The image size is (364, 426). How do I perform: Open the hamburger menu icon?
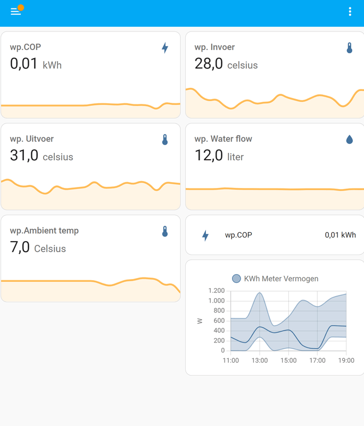[15, 12]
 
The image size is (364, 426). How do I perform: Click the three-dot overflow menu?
[350, 12]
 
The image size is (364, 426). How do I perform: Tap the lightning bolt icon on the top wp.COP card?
[165, 48]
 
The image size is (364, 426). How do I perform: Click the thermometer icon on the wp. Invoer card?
[350, 48]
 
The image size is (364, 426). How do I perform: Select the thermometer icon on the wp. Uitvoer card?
[165, 140]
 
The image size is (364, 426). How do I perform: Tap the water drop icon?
[350, 140]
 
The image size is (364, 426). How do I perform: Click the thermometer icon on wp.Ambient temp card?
[165, 231]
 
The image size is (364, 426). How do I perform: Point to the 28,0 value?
[209, 64]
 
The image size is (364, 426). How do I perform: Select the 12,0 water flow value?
[209, 155]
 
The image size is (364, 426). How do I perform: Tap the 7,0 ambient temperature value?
[20, 247]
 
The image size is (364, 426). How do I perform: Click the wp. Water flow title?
[223, 139]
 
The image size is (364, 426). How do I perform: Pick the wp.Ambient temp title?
[44, 231]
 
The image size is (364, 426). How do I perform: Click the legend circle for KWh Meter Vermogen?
[237, 278]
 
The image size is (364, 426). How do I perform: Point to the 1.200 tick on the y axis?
[217, 291]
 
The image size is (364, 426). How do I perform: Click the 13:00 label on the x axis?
[260, 361]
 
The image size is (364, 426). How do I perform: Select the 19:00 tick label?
[346, 361]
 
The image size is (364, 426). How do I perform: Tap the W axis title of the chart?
[200, 321]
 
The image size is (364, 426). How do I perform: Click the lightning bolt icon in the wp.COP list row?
[205, 235]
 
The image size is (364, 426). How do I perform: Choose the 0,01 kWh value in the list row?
[340, 235]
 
